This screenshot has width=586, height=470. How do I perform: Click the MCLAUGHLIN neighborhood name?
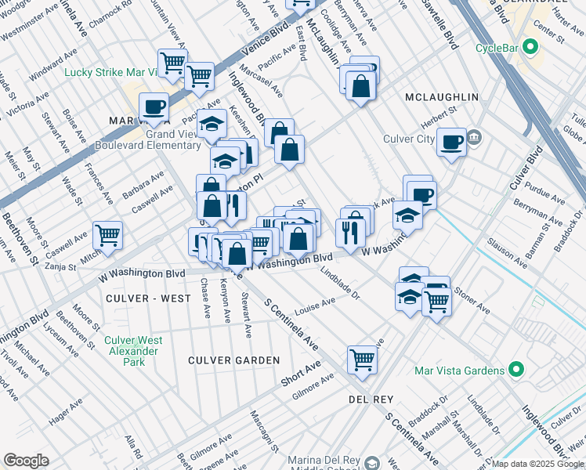pyautogui.click(x=441, y=96)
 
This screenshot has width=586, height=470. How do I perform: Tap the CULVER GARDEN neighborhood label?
pyautogui.click(x=233, y=360)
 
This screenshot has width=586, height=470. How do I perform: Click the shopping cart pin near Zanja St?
pyautogui.click(x=107, y=234)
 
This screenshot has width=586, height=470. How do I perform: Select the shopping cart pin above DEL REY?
pyautogui.click(x=362, y=359)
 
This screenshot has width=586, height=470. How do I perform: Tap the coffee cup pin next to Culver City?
pyautogui.click(x=451, y=142)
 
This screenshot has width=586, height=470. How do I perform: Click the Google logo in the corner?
pyautogui.click(x=26, y=461)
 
